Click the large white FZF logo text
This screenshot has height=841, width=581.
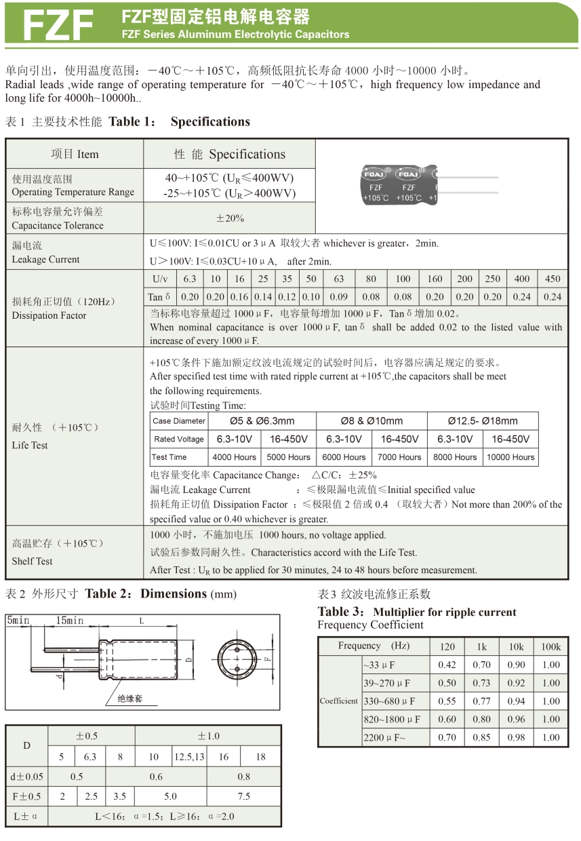(58, 25)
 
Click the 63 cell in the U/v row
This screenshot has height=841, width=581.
(339, 279)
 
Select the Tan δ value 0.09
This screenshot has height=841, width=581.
(339, 296)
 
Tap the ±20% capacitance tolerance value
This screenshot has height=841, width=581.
(230, 218)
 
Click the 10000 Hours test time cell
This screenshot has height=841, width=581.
(510, 457)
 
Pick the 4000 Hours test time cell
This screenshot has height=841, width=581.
(235, 457)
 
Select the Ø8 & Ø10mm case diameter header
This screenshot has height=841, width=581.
(372, 420)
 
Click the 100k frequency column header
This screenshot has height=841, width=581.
(551, 646)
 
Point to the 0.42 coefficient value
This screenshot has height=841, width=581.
(447, 665)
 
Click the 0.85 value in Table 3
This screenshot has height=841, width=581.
(481, 737)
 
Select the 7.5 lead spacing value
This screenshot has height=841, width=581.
(243, 796)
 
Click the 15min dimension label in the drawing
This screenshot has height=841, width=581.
(70, 621)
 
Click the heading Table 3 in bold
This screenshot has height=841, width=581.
(343, 612)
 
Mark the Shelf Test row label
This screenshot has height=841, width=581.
(32, 561)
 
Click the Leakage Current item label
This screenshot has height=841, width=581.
(45, 259)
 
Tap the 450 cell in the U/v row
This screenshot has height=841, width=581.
(553, 279)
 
